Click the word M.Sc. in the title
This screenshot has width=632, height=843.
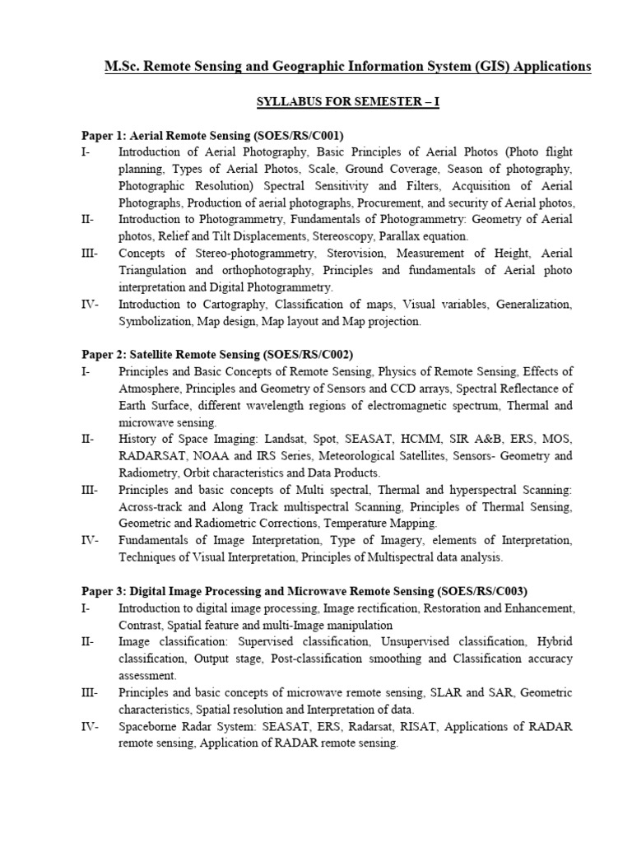pyautogui.click(x=123, y=67)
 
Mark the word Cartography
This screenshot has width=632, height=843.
pyautogui.click(x=223, y=305)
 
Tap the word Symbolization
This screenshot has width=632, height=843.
pyautogui.click(x=156, y=322)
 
